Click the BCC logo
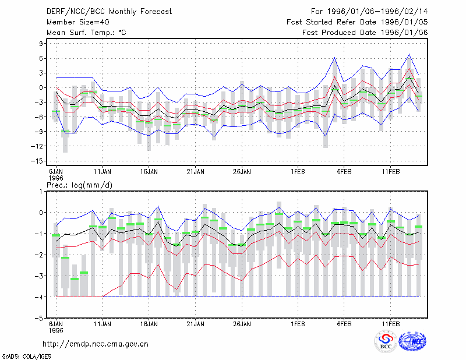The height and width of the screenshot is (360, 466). (x=386, y=341)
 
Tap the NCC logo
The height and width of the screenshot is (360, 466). (x=412, y=341)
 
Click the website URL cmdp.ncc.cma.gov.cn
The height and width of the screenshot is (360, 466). (x=96, y=344)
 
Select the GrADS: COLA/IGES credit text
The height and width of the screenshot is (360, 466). (x=26, y=357)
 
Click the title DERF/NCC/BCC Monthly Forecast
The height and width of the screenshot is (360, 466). (x=109, y=12)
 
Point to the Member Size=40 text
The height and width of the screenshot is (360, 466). (x=78, y=22)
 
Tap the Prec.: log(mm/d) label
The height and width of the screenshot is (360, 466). (x=79, y=185)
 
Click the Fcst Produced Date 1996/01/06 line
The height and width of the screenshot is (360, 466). (x=365, y=33)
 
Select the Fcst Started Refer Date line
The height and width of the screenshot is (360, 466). (x=357, y=22)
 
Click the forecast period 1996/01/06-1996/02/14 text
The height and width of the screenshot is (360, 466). (x=369, y=12)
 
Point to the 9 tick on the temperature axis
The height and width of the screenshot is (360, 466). (x=41, y=44)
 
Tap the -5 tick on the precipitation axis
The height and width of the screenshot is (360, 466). (x=39, y=318)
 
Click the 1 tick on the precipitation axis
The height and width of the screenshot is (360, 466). (x=41, y=192)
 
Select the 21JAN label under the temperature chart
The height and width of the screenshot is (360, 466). (x=196, y=172)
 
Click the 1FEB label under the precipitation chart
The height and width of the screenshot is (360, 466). (x=298, y=324)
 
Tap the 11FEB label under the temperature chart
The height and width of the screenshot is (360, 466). (x=390, y=172)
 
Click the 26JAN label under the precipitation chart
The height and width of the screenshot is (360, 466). (x=242, y=324)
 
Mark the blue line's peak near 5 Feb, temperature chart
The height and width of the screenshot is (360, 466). (x=334, y=58)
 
